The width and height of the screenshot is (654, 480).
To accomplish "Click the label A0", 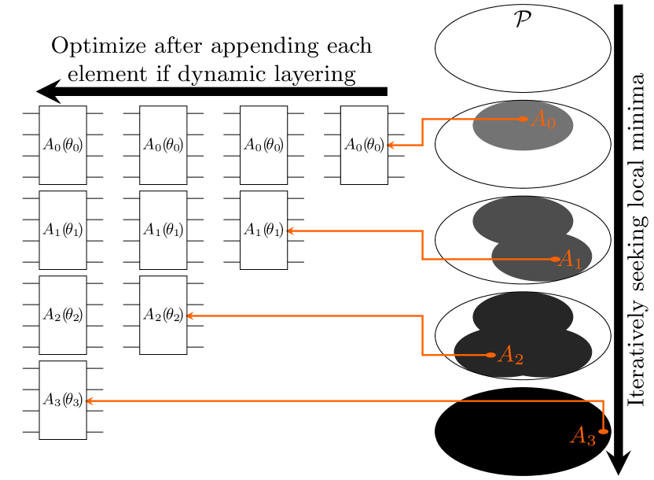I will [x=543, y=120].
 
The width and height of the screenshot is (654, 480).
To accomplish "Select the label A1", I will [x=570, y=260].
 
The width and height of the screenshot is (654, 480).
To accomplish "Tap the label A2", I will [x=511, y=356].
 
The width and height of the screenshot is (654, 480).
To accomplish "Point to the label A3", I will [x=582, y=437].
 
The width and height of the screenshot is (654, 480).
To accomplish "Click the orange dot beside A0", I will [x=524, y=119].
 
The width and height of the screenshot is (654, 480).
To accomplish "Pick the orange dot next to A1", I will [x=556, y=259].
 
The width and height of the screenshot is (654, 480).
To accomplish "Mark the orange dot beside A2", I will [x=491, y=355].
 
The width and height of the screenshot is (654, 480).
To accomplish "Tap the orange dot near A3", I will [x=603, y=431].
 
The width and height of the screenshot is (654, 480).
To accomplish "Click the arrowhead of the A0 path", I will [x=389, y=145].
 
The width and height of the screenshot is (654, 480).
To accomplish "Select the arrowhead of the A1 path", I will [x=289, y=231].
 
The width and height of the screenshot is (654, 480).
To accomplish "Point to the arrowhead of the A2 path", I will [x=189, y=316].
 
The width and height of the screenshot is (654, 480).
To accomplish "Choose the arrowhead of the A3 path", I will [x=88, y=401].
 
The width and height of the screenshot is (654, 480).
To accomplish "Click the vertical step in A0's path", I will [x=423, y=132].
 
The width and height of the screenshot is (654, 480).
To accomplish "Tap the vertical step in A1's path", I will [x=423, y=245].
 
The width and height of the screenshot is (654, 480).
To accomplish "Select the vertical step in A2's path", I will [x=423, y=335].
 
